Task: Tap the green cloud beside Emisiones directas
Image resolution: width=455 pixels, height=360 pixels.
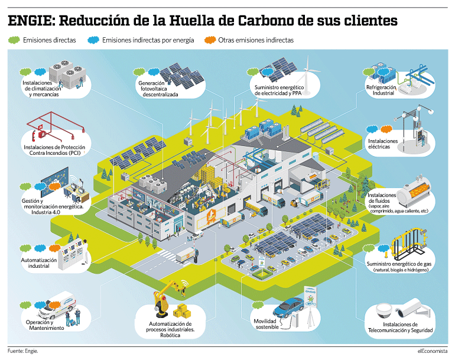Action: coord(14,40)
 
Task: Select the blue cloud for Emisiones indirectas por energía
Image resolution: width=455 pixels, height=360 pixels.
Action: coord(93,40)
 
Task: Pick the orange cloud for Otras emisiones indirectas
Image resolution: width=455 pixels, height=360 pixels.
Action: coord(210,40)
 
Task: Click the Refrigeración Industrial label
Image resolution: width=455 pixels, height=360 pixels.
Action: coord(381,90)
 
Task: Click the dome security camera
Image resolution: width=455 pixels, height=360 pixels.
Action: coord(385,310)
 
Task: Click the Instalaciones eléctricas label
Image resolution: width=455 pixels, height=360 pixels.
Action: coord(383,144)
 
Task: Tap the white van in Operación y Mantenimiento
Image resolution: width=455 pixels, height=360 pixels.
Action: coord(57,307)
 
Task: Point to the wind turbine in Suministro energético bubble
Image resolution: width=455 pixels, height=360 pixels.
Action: coord(307,76)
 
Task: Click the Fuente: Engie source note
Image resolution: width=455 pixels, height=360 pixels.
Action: coord(22,351)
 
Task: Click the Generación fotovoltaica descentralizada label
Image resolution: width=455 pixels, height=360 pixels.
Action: coord(159,89)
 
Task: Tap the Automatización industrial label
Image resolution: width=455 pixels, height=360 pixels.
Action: coord(38,263)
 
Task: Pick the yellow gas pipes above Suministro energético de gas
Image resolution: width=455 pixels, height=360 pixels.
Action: coord(409,245)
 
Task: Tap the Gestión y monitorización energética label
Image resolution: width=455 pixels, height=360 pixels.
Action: coord(52,206)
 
